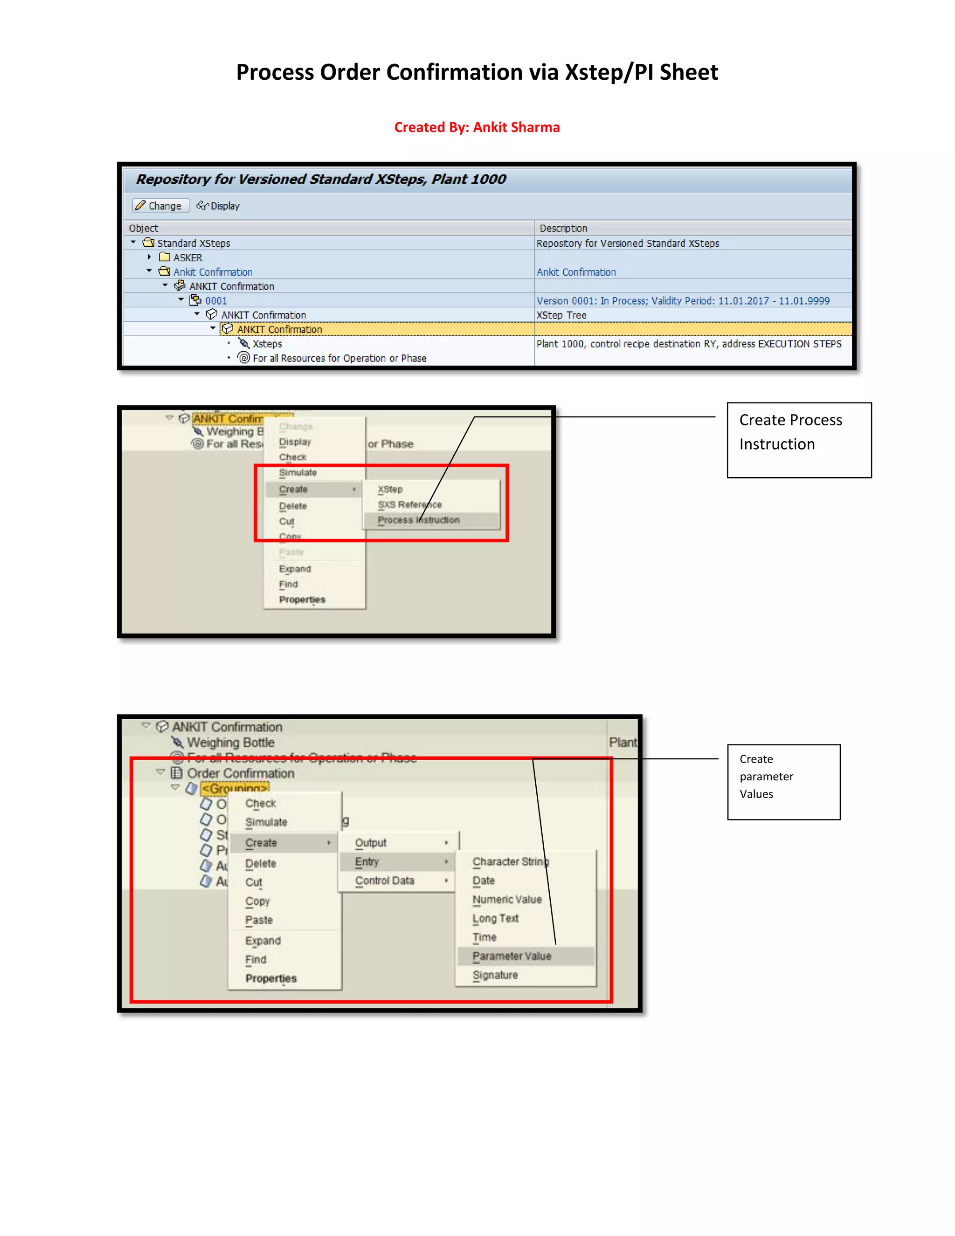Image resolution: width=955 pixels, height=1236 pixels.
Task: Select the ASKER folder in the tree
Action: (187, 257)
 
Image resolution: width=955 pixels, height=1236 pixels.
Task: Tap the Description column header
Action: (563, 228)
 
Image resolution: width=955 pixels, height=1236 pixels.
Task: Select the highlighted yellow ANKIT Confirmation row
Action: (279, 329)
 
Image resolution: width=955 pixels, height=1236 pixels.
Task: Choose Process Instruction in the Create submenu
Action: (419, 520)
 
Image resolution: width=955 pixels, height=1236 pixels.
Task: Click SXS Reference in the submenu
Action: (409, 505)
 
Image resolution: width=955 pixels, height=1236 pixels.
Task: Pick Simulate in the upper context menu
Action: (298, 472)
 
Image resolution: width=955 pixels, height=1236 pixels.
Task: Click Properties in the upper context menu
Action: (302, 600)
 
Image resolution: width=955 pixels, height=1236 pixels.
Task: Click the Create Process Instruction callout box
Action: (799, 440)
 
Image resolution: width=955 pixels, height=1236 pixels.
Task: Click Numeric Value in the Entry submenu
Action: (507, 900)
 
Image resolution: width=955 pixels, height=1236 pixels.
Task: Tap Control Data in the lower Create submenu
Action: (385, 881)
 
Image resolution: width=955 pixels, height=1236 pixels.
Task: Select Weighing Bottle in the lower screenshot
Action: (230, 743)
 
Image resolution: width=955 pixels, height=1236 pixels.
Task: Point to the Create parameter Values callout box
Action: (783, 782)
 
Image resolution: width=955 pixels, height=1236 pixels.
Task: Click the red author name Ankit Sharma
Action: (516, 127)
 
